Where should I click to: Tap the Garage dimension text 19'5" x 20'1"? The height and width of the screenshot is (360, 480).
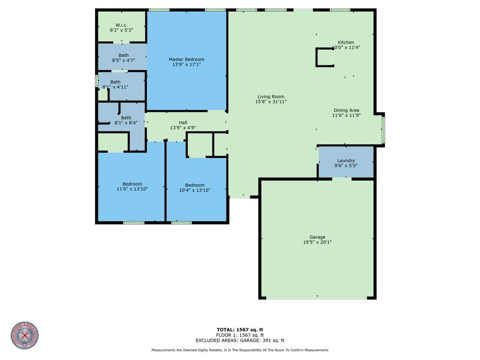(x=317, y=242)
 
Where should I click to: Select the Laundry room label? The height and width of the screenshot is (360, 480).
(x=346, y=160)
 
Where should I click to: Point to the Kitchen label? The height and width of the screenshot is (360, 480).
(x=346, y=42)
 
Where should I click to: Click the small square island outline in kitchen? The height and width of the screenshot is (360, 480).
(x=324, y=58)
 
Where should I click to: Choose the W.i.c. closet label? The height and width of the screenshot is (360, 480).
(x=121, y=24)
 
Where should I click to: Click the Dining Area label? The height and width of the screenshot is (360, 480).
(x=346, y=110)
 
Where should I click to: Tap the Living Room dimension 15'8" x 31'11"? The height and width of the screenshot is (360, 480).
(x=271, y=102)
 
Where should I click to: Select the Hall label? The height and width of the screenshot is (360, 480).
(x=183, y=122)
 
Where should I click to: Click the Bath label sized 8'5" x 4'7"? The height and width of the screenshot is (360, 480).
(x=123, y=55)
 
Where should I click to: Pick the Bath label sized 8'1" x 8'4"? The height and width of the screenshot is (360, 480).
(x=126, y=118)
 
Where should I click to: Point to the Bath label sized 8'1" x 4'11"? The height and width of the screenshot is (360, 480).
(x=115, y=82)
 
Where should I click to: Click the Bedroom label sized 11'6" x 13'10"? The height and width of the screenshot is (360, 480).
(x=132, y=184)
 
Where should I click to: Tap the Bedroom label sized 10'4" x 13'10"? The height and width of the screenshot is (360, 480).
(x=194, y=185)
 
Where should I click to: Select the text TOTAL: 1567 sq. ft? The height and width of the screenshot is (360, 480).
(x=240, y=329)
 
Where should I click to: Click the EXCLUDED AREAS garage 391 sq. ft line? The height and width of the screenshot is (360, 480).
(x=240, y=340)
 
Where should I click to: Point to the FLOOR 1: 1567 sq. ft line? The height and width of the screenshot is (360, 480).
(x=240, y=335)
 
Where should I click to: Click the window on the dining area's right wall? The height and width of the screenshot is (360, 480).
(x=383, y=130)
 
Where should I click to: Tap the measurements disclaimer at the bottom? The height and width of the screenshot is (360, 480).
(x=240, y=350)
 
